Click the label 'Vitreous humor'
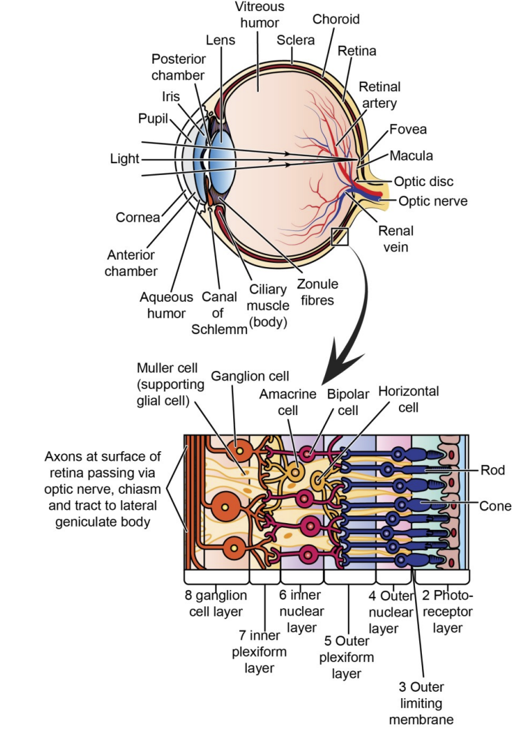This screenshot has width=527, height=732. pyautogui.click(x=259, y=15)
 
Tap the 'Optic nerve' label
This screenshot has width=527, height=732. pyautogui.click(x=433, y=201)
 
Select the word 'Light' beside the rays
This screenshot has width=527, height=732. pyautogui.click(x=124, y=159)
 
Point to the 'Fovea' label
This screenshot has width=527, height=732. pyautogui.click(x=407, y=129)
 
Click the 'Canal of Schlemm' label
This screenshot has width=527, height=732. pyautogui.click(x=219, y=313)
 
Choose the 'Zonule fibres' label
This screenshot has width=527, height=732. pyautogui.click(x=317, y=292)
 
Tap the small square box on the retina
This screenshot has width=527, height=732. pyautogui.click(x=340, y=237)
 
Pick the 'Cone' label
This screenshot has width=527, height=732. pyautogui.click(x=495, y=506)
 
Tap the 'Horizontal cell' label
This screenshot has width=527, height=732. pyautogui.click(x=408, y=399)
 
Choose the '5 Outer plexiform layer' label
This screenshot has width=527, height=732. pyautogui.click(x=346, y=657)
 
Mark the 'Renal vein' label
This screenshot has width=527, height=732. pyautogui.click(x=395, y=239)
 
